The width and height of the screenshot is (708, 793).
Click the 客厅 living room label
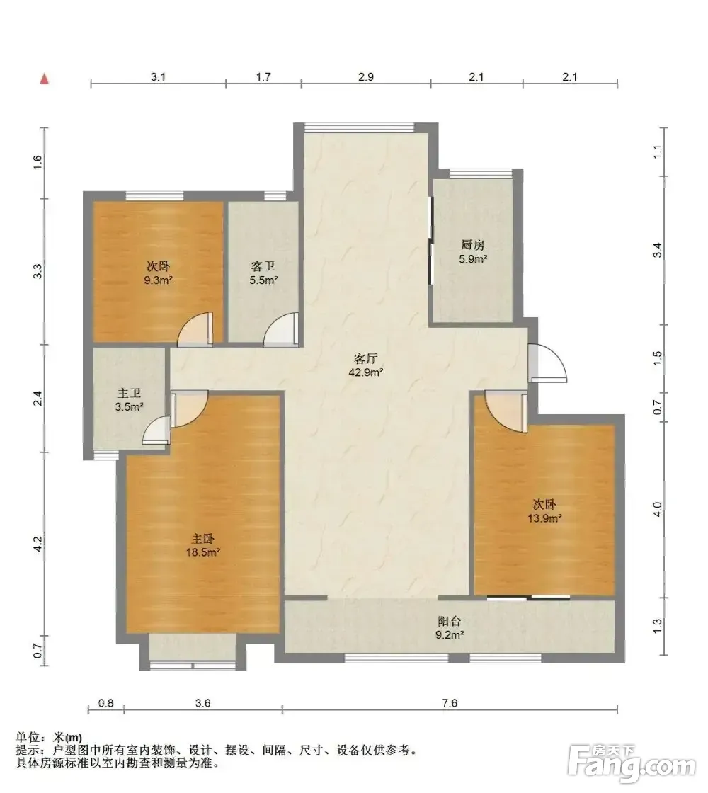[x=365, y=359]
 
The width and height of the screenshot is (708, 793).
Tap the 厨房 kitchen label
[x=473, y=245]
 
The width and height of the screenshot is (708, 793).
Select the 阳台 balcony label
[x=450, y=621]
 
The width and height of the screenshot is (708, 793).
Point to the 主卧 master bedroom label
[x=202, y=539]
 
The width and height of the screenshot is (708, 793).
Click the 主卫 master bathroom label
[x=129, y=393]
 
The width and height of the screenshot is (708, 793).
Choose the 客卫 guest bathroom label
[x=263, y=266]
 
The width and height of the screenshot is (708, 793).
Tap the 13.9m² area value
[x=545, y=518]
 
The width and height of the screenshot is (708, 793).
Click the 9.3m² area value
[x=159, y=280]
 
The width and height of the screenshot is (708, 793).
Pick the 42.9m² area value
[x=365, y=372]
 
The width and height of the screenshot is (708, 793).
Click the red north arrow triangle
[x=45, y=79]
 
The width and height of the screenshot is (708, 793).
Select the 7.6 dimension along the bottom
[x=450, y=703]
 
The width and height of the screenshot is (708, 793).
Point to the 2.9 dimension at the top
[x=365, y=77]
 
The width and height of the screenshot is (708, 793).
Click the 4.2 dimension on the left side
[x=38, y=544]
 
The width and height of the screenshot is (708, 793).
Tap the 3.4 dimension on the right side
[x=658, y=251]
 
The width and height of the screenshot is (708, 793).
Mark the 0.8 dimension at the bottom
[x=105, y=703]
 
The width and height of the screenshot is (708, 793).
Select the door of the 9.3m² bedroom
[x=195, y=330]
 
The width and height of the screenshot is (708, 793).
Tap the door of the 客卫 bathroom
[x=281, y=330]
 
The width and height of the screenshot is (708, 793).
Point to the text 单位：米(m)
[x=49, y=738]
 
